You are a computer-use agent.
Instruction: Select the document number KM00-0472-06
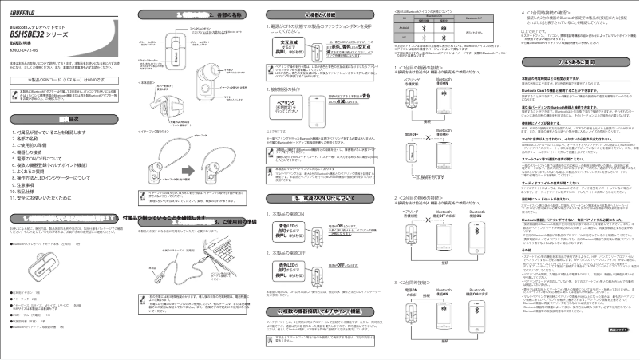click(26, 50)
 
